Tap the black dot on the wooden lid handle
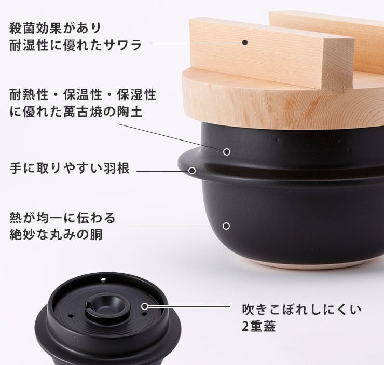(x=244, y=43)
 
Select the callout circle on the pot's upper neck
(x=227, y=152)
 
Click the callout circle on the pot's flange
(x=192, y=171)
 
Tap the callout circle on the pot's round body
(x=226, y=226)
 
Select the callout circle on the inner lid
(x=145, y=306)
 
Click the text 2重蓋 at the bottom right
(x=258, y=326)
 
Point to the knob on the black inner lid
(x=107, y=306)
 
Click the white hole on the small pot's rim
(x=104, y=279)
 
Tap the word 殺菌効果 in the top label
(x=36, y=28)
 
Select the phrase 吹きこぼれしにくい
(x=301, y=309)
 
